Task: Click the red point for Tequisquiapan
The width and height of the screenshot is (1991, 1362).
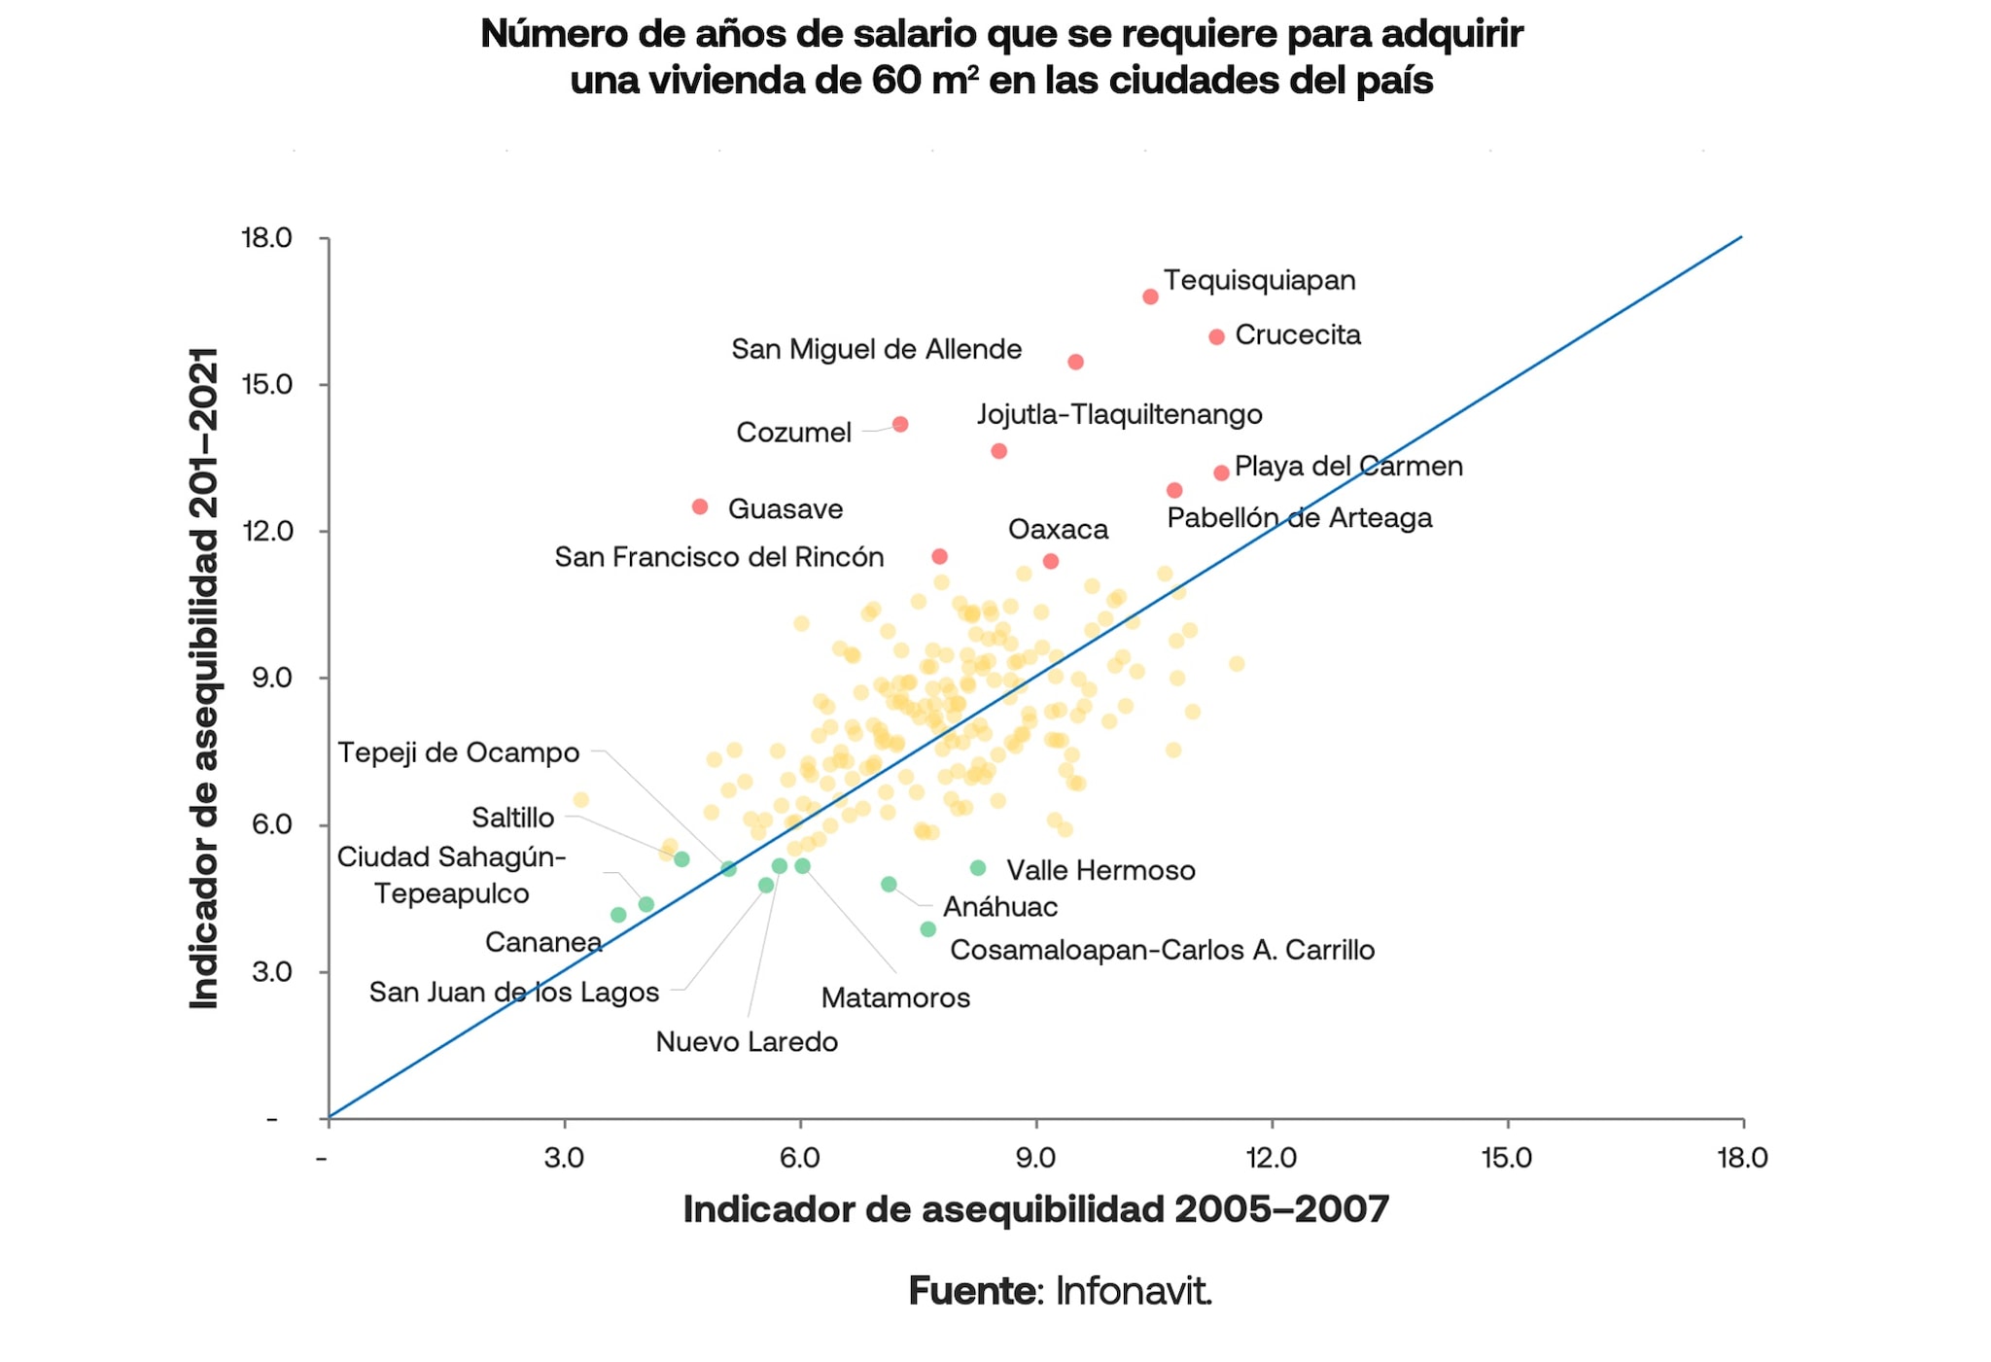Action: pos(1150,297)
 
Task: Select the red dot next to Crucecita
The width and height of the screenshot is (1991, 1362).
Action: pos(1216,336)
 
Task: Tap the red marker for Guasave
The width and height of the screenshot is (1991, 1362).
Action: pos(700,506)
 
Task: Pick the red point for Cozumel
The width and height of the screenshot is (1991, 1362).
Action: pos(900,424)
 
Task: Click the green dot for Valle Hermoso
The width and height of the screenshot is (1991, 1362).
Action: pos(978,867)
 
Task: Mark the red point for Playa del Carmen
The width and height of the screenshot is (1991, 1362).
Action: pos(1221,472)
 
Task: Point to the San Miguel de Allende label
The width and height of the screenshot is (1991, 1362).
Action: pos(876,349)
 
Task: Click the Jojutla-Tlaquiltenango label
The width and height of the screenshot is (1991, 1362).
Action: pos(1119,414)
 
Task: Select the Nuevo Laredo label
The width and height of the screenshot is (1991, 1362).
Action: pos(747,1041)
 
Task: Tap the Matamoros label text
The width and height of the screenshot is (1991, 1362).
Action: pos(895,997)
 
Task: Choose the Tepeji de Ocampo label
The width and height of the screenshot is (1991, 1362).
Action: pos(458,752)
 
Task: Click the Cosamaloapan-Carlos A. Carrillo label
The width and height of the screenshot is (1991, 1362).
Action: pos(1162,950)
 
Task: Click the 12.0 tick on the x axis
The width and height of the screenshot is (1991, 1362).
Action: pos(1272,1157)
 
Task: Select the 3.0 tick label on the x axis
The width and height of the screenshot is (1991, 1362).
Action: pos(564,1157)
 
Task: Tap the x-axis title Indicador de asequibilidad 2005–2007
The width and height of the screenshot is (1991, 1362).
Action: pos(1035,1209)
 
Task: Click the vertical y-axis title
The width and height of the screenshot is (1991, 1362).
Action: pos(205,678)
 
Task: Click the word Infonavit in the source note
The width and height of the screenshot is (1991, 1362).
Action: pos(1133,1291)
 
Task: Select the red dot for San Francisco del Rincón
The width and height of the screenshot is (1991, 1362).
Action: pos(939,556)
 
